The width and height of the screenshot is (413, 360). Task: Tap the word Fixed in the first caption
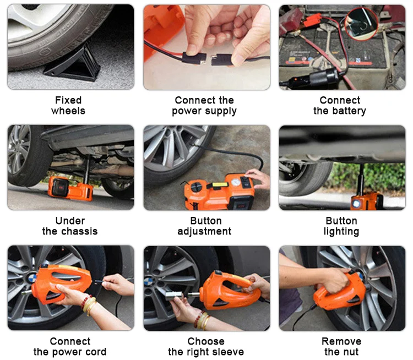[68, 100]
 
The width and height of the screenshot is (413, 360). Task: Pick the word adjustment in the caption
[204, 232]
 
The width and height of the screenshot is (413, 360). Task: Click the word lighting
[341, 232]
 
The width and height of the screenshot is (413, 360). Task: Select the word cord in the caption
[96, 352]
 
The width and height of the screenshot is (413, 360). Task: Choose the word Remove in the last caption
[341, 341]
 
